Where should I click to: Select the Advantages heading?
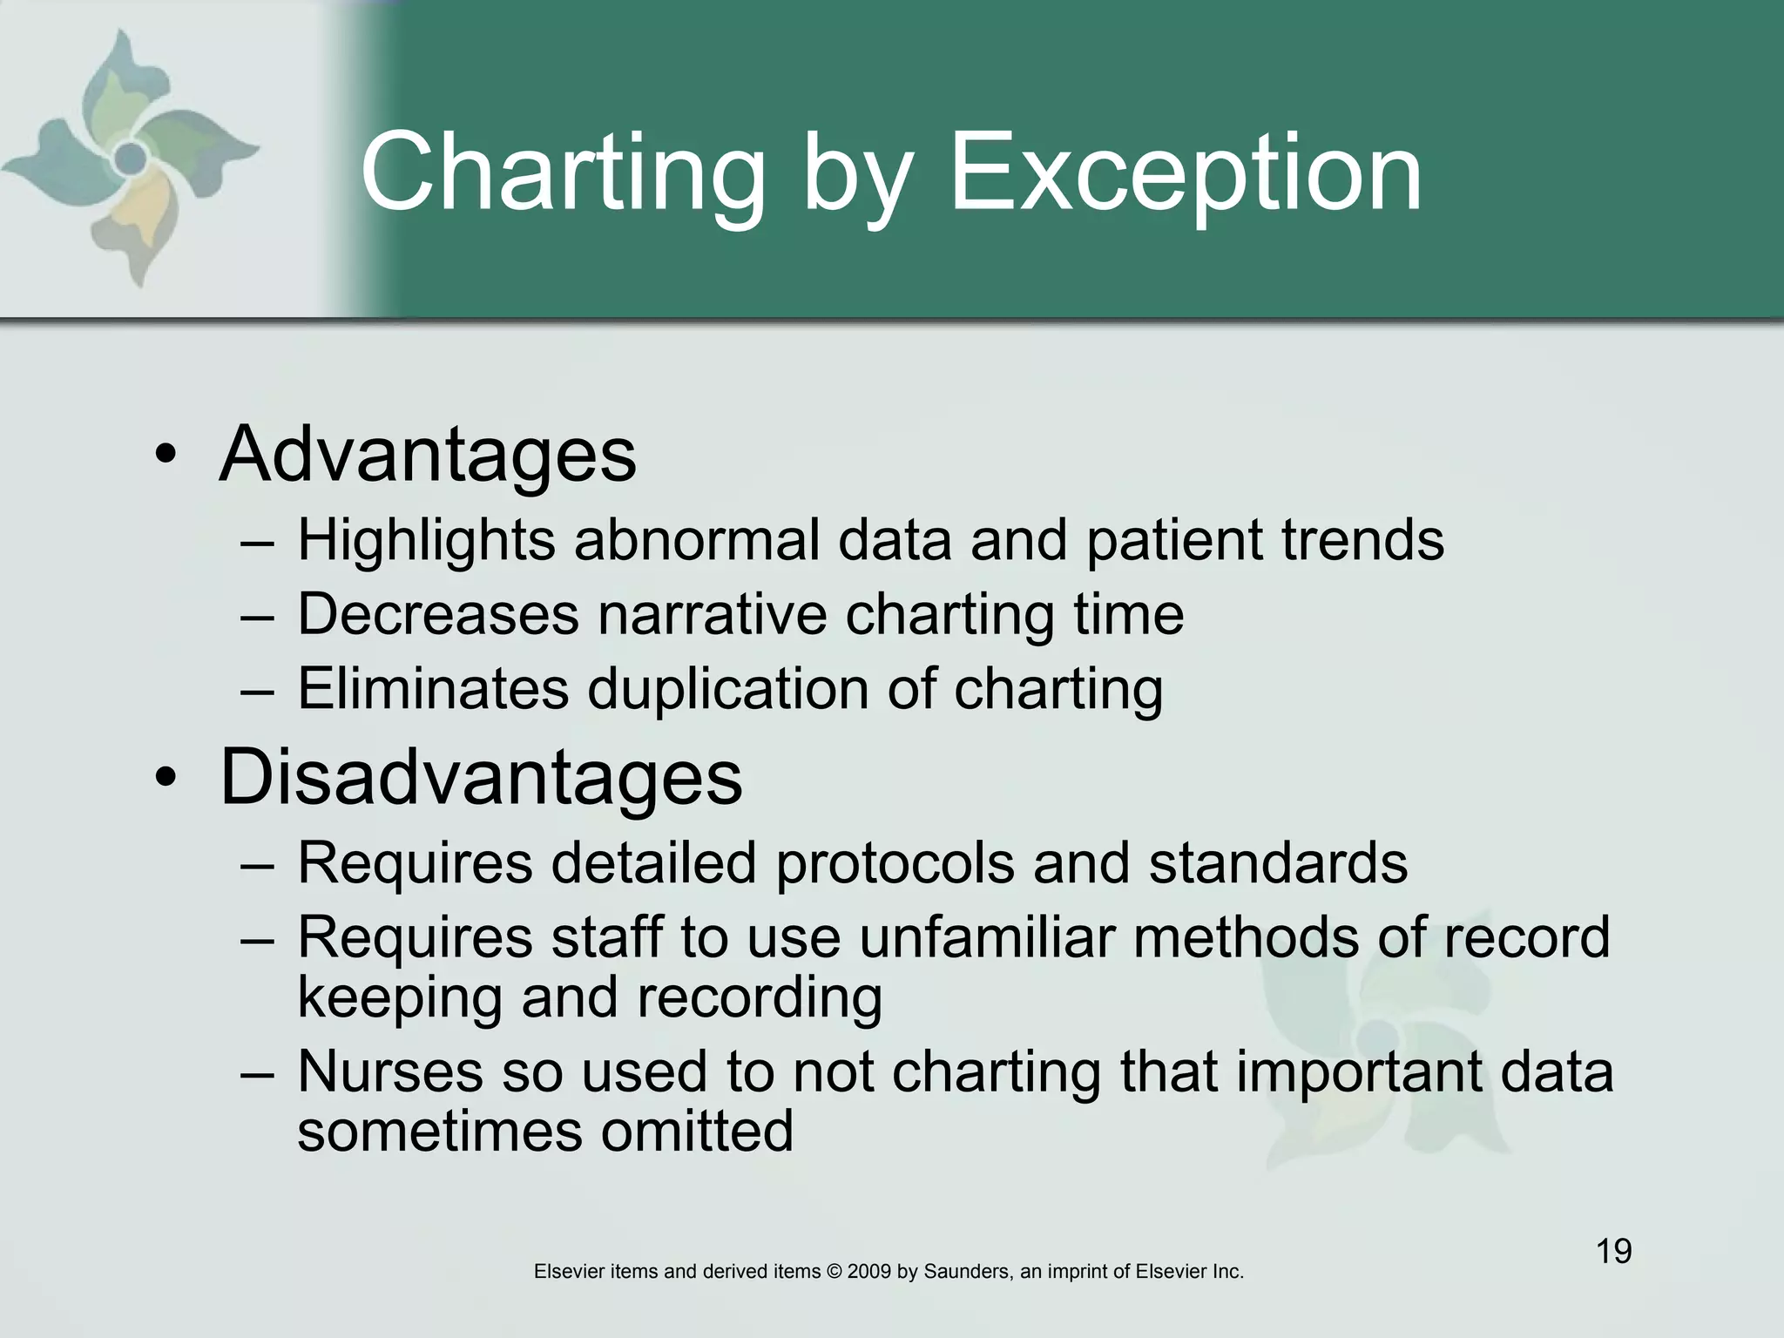[x=428, y=454]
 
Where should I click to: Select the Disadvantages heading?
[x=481, y=777]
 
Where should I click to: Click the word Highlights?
[x=426, y=541]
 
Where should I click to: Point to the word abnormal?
[x=697, y=541]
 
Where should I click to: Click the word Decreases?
[x=438, y=615]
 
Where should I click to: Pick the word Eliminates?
[x=433, y=689]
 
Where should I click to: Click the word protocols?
[x=895, y=863]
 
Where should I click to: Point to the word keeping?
[x=400, y=998]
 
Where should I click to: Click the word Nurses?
[x=389, y=1071]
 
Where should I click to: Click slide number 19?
[x=1613, y=1252]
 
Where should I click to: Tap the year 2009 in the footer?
[x=869, y=1272]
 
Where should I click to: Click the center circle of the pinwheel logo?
[x=131, y=158]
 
